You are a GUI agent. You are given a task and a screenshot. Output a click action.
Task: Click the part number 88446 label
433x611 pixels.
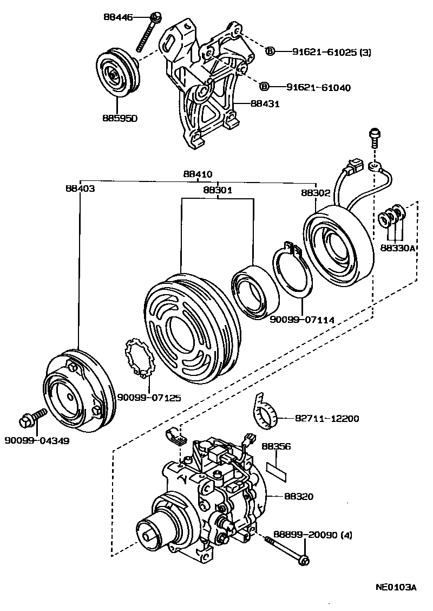tap(119, 17)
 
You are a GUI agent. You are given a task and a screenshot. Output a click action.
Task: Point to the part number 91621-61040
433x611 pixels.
tap(318, 87)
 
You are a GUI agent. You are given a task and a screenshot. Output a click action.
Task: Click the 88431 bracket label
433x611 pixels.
tap(265, 103)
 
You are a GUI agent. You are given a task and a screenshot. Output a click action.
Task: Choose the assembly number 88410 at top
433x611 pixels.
tap(198, 174)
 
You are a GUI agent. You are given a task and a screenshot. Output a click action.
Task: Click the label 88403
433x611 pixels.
tap(80, 189)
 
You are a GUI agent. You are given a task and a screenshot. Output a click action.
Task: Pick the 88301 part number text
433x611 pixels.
tap(218, 191)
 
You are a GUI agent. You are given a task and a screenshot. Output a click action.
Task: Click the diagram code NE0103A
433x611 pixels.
tap(396, 587)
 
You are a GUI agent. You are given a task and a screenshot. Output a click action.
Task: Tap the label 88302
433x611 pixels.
tap(316, 193)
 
